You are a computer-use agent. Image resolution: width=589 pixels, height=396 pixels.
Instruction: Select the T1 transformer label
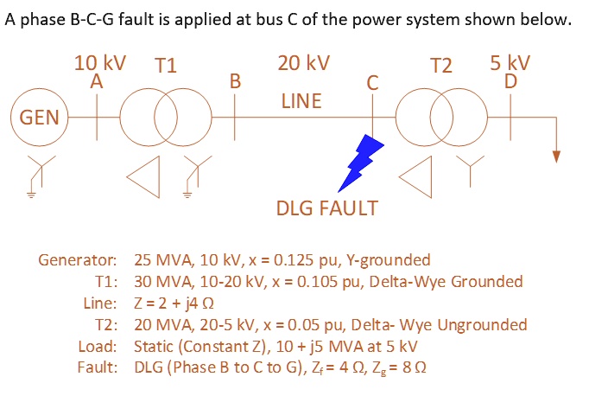pyautogui.click(x=165, y=66)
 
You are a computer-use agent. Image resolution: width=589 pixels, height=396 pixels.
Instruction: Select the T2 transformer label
pyautogui.click(x=440, y=66)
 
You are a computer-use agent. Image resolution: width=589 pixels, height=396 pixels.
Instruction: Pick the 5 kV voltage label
pyautogui.click(x=510, y=63)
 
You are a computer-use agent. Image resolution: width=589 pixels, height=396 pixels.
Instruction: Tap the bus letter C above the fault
pyautogui.click(x=372, y=83)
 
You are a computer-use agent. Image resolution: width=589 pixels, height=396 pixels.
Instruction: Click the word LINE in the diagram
pyautogui.click(x=301, y=101)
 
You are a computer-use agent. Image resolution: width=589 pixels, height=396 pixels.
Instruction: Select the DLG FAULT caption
pyautogui.click(x=326, y=208)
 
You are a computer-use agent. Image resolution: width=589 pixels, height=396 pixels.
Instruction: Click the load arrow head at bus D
pyautogui.click(x=557, y=156)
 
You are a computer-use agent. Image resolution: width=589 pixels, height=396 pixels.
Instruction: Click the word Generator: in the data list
pyautogui.click(x=78, y=259)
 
